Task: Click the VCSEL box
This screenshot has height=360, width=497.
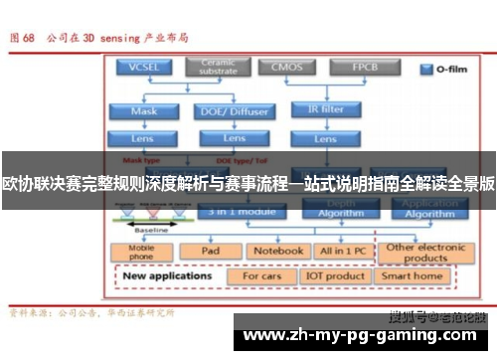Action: tap(143, 68)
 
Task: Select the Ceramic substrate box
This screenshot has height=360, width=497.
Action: tap(218, 67)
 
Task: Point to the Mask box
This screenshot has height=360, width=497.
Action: tap(143, 110)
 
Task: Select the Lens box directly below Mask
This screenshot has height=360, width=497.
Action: tap(143, 137)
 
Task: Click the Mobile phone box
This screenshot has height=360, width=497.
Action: tap(143, 252)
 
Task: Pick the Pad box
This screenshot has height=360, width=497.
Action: tap(210, 252)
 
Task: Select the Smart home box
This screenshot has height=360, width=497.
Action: tap(413, 275)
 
